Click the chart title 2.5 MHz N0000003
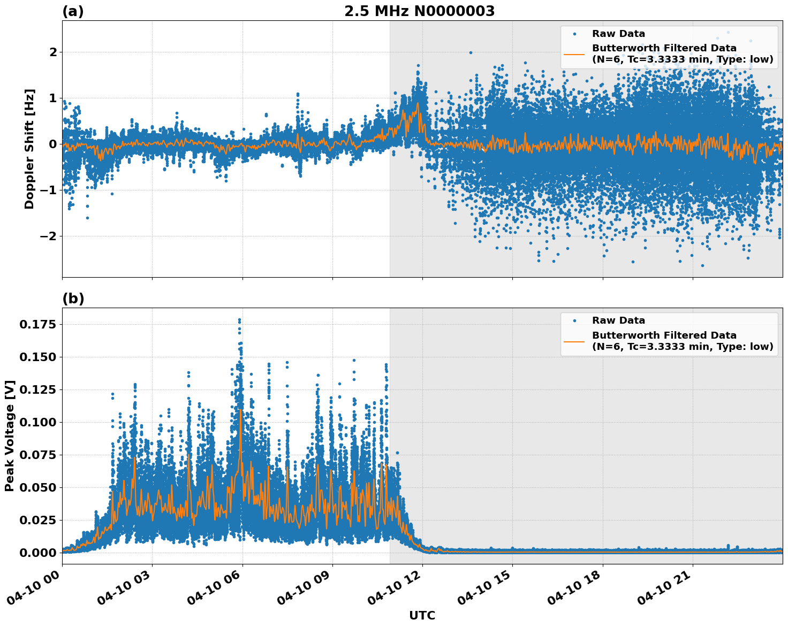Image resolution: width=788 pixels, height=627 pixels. pos(419,11)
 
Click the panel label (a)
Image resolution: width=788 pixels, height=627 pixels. pos(73,11)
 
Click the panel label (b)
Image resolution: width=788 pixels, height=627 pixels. pos(73,299)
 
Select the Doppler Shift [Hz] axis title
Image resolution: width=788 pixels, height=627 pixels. pos(29,149)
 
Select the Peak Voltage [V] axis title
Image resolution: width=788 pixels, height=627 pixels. pos(10,435)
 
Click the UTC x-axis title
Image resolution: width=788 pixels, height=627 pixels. pos(422,615)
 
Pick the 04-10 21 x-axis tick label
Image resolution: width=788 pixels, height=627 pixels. pos(664,589)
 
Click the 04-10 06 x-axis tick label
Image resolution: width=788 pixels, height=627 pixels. pos(214,589)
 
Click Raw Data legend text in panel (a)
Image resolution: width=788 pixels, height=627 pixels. pos(618,34)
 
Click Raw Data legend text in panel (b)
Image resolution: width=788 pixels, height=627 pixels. pos(618,320)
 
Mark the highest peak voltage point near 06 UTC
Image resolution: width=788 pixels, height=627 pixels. pos(239,320)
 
